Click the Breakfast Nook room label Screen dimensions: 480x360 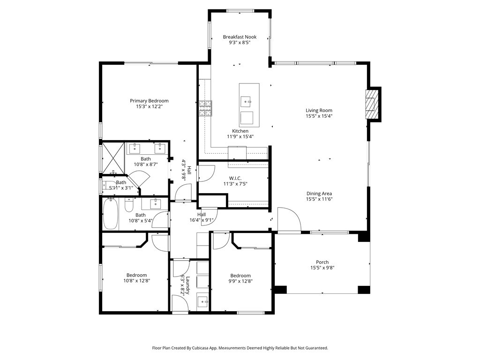click(x=240, y=37)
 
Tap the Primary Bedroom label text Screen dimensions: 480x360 click(x=149, y=101)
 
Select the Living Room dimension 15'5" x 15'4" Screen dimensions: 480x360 click(x=319, y=116)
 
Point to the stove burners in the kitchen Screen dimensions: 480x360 click(x=205, y=108)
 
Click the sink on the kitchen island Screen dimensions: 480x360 click(x=246, y=101)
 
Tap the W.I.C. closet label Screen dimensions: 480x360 click(x=235, y=178)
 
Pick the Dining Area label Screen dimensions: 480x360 click(x=319, y=194)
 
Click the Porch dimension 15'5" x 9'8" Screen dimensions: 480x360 click(x=322, y=268)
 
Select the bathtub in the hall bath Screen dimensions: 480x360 click(x=111, y=214)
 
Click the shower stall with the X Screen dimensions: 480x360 click(x=113, y=157)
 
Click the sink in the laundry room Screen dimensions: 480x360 click(x=203, y=301)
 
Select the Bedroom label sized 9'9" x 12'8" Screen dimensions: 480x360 click(x=240, y=276)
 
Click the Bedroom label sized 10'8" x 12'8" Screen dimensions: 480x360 click(x=136, y=275)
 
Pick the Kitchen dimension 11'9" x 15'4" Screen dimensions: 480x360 click(x=240, y=136)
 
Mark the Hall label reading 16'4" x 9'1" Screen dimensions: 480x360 click(x=202, y=220)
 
